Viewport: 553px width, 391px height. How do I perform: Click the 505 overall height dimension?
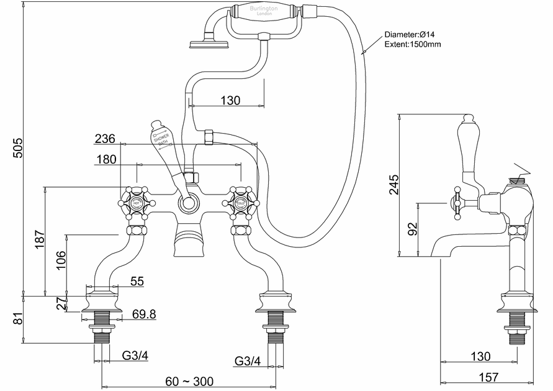[18, 147]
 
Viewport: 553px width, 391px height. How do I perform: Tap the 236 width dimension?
[106, 138]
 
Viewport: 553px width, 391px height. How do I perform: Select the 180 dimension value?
[106, 160]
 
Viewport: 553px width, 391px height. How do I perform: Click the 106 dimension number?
[60, 259]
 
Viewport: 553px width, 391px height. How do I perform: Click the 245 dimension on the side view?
[393, 185]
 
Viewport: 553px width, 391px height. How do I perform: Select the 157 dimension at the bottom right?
[490, 377]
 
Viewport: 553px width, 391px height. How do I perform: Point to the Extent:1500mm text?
[413, 45]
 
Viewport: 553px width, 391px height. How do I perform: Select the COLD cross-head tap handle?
[241, 202]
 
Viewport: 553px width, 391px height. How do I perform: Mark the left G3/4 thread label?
[135, 356]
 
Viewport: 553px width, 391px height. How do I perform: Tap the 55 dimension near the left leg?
[137, 282]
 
